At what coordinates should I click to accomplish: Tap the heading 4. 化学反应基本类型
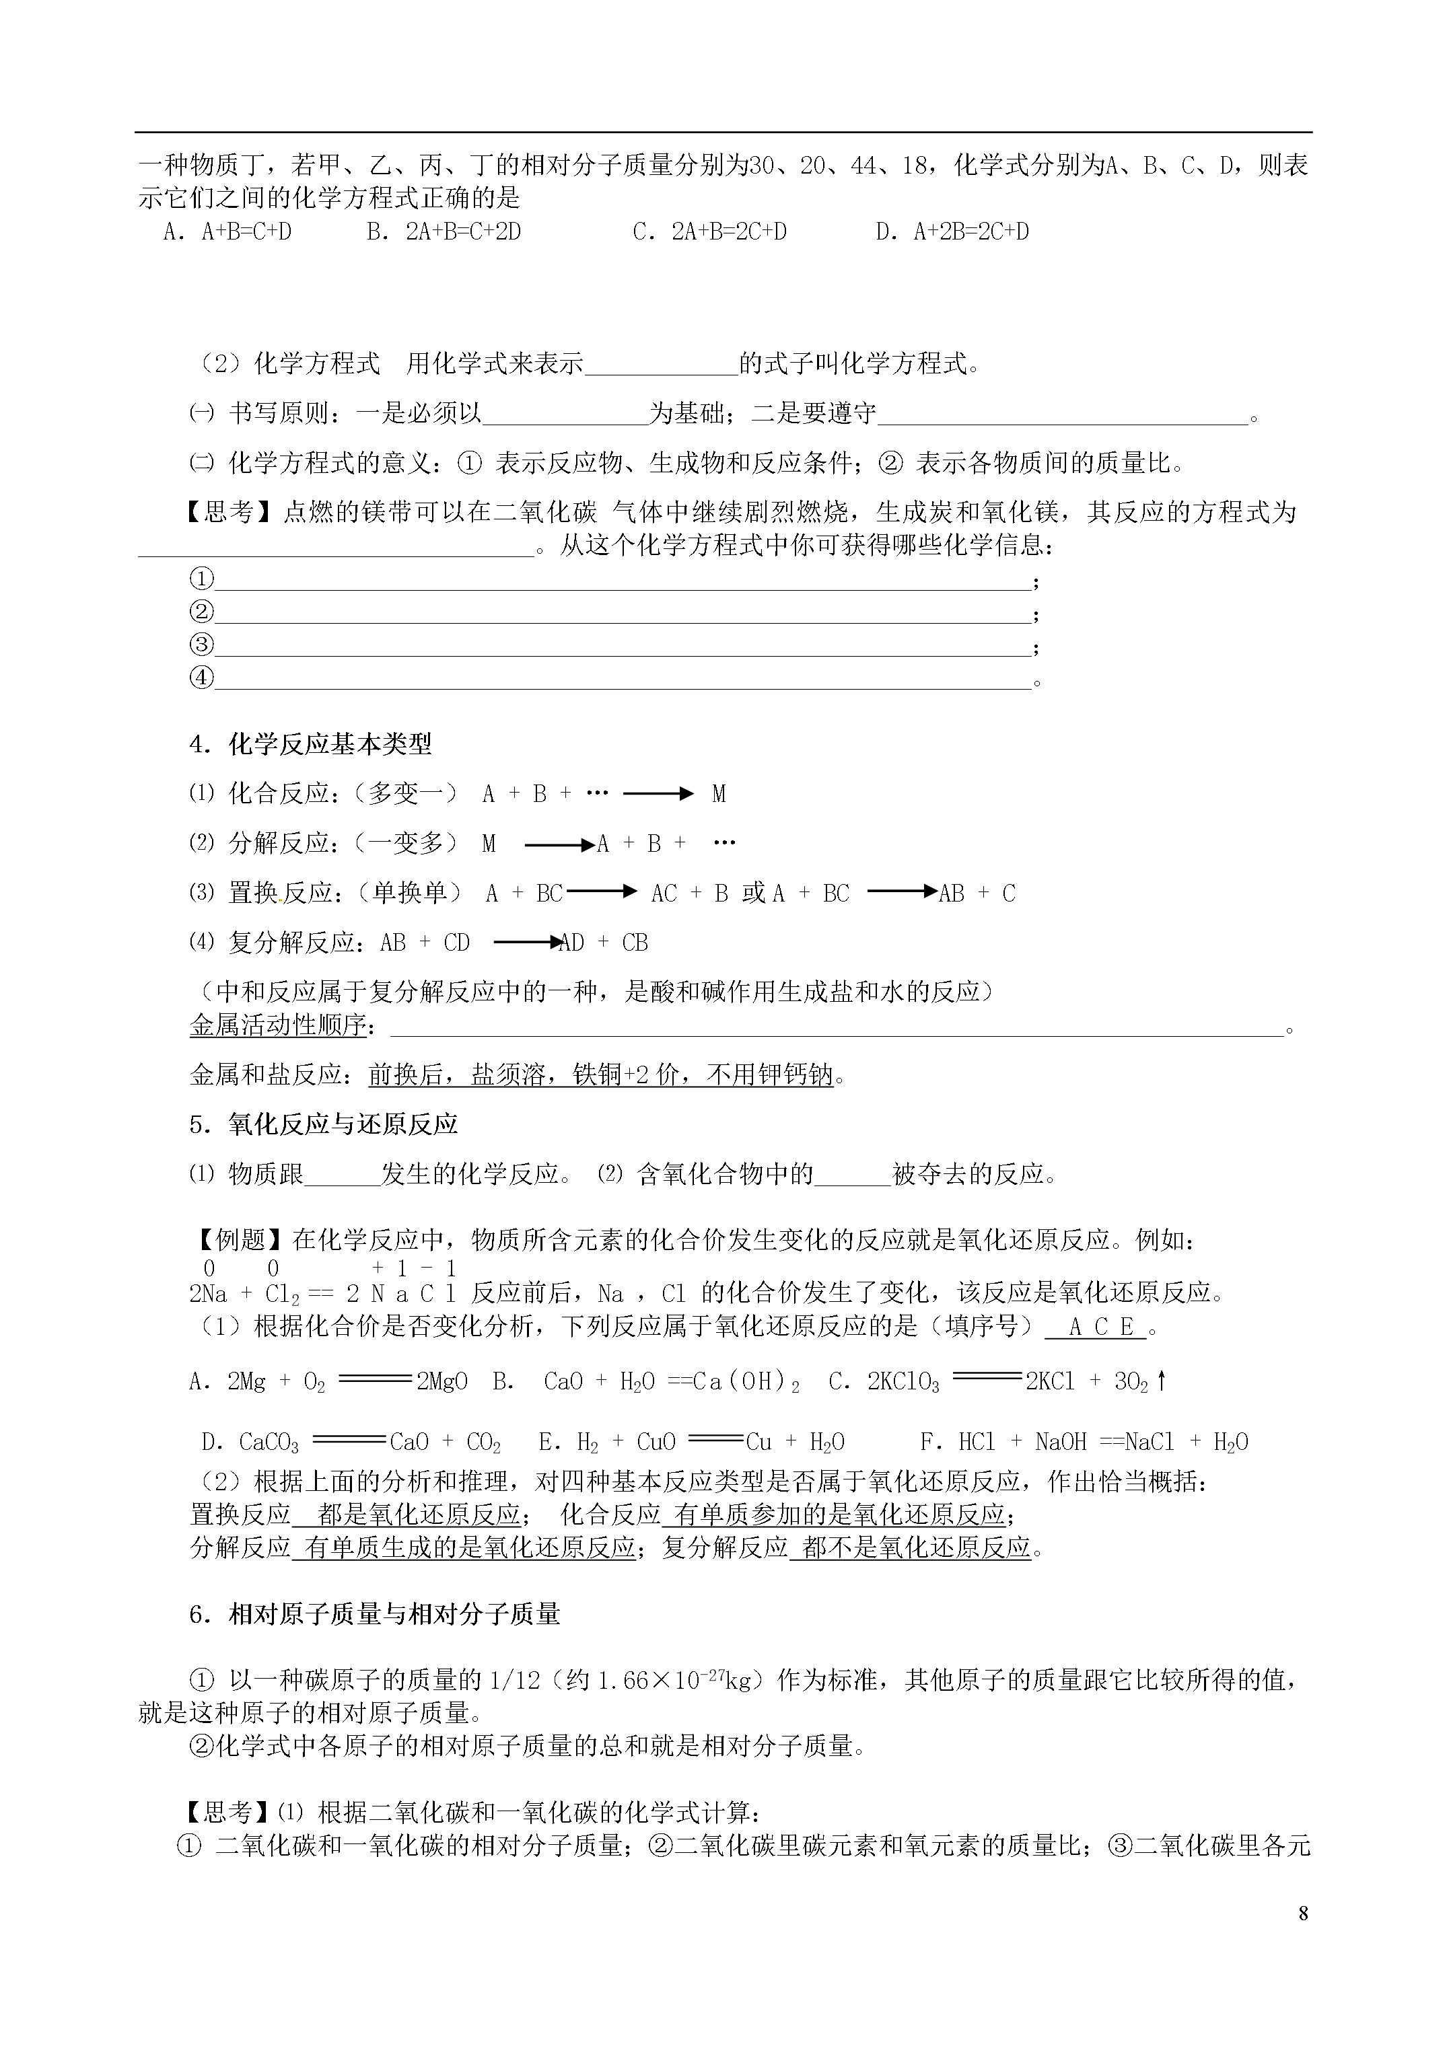pos(311,744)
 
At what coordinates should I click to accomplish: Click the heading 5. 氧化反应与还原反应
pos(324,1124)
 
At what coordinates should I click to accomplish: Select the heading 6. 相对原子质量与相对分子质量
pos(374,1614)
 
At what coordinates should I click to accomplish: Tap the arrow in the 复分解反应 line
pos(527,943)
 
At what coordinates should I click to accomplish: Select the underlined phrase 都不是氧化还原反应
pos(917,1548)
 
